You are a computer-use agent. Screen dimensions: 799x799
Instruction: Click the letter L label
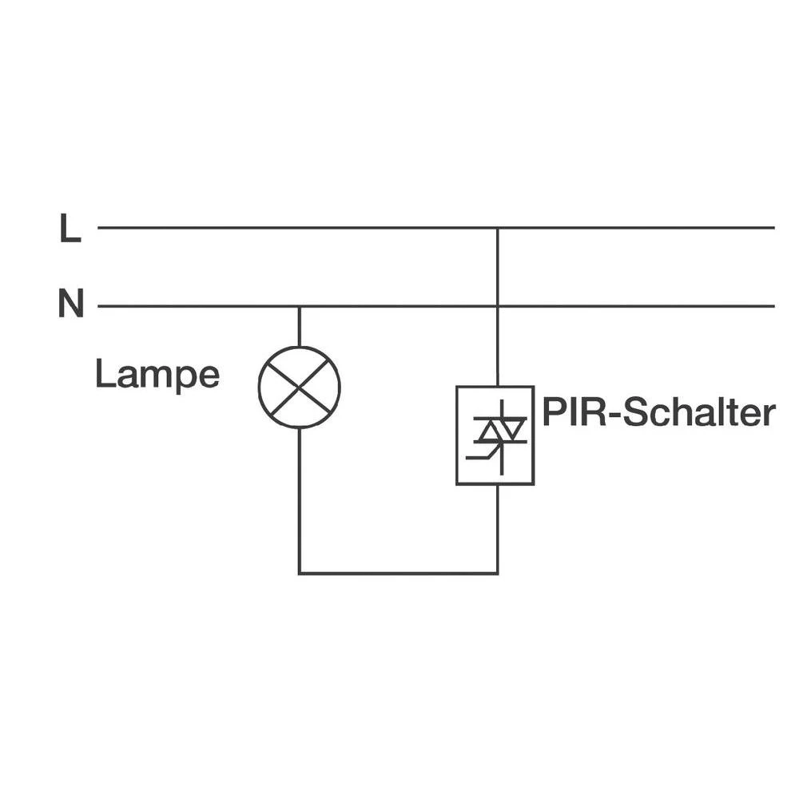[70, 229]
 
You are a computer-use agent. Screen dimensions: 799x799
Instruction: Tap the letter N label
[71, 304]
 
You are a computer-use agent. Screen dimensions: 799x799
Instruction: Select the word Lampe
[157, 374]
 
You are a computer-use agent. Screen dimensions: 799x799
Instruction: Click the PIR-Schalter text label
[658, 413]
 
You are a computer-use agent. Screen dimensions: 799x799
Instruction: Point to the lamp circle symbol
[299, 387]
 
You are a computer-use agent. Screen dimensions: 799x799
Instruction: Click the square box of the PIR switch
[495, 435]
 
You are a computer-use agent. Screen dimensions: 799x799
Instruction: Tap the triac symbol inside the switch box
[498, 434]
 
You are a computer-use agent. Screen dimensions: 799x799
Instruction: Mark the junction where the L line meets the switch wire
[498, 228]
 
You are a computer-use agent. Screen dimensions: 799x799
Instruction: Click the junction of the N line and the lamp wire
[299, 306]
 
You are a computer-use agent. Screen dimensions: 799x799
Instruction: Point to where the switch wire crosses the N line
[498, 306]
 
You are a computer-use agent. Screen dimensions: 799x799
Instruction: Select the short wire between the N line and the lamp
[299, 326]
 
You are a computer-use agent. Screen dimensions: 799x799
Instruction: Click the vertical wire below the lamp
[299, 499]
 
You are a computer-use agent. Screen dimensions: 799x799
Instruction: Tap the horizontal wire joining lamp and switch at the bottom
[398, 573]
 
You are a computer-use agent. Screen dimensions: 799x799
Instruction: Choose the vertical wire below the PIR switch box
[498, 527]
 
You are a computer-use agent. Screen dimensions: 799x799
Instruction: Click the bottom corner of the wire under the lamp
[300, 573]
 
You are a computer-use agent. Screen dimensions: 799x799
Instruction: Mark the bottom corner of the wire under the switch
[498, 573]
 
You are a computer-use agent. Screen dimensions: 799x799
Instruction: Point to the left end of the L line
[99, 228]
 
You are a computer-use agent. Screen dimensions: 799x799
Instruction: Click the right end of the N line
[773, 306]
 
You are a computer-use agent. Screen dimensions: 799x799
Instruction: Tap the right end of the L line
[773, 228]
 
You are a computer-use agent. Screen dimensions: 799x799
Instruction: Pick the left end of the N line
[99, 306]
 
